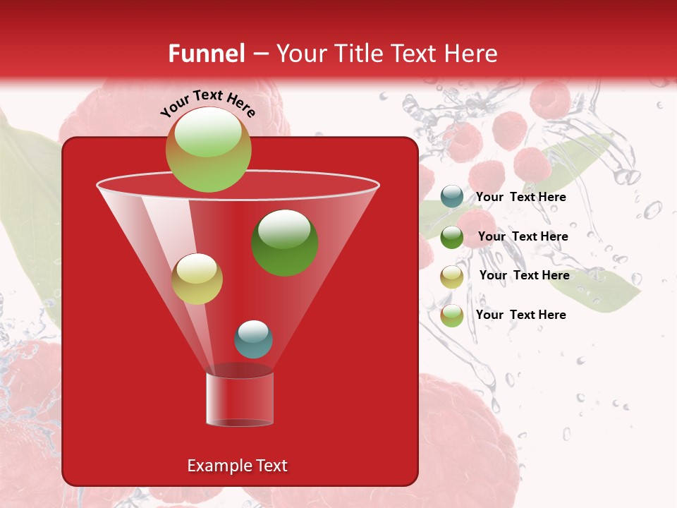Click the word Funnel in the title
point(206,54)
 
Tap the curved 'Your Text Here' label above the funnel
point(207,103)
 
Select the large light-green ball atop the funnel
point(208,149)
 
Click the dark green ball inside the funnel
point(285,242)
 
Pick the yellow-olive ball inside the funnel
point(197,279)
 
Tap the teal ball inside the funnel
point(253,339)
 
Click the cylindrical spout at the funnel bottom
point(240,399)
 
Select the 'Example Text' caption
point(237,466)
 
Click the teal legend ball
point(451,197)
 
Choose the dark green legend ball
point(451,236)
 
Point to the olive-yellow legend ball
point(451,276)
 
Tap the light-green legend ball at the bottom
point(451,315)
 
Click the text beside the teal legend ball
point(520,197)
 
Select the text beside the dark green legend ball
point(523,236)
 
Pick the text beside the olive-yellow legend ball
point(524,275)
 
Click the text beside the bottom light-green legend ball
point(520,315)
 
